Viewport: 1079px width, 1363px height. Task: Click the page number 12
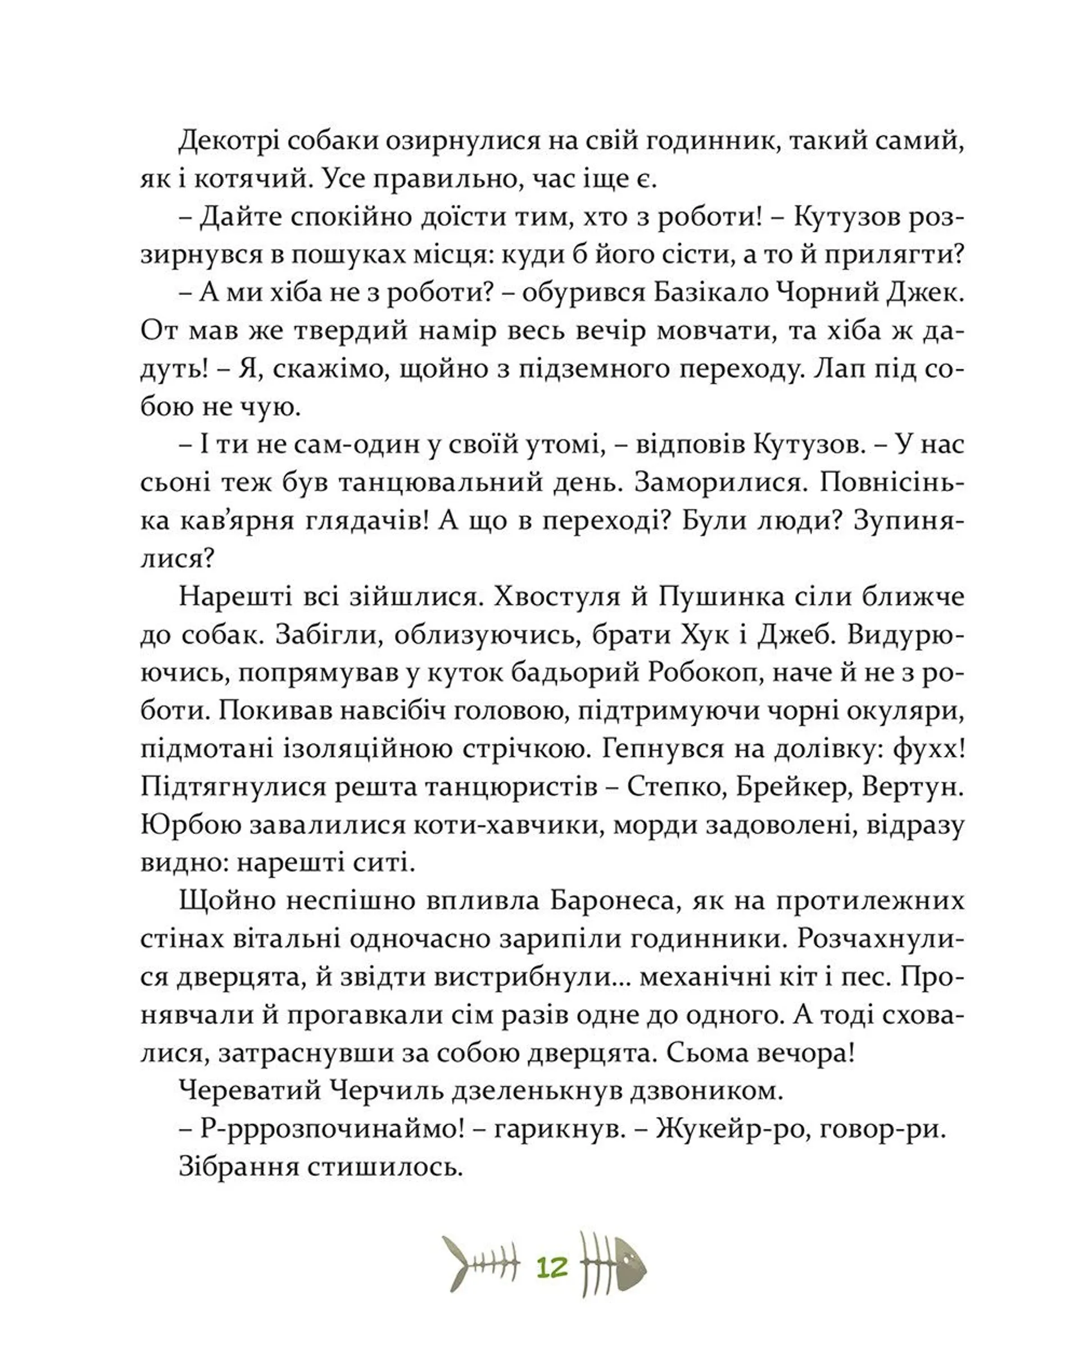click(551, 1266)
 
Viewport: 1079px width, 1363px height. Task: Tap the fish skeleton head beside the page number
click(625, 1265)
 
